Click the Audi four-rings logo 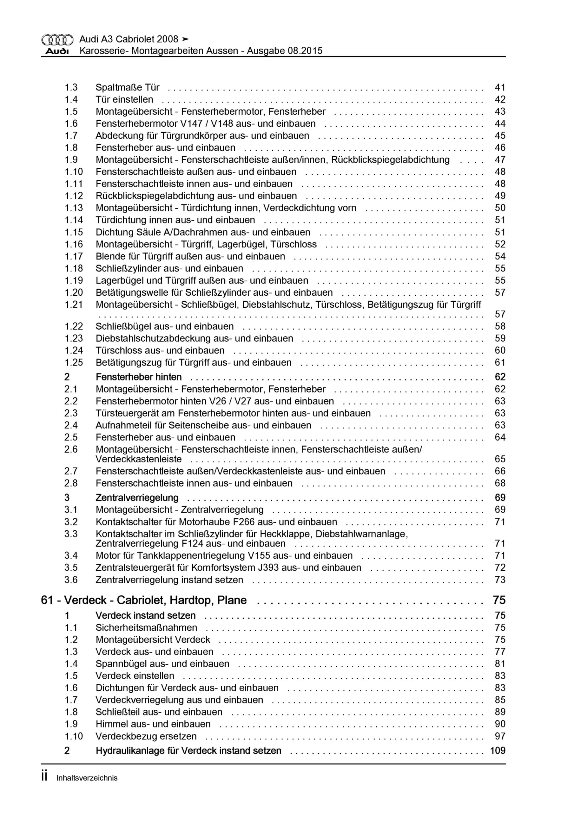click(57, 40)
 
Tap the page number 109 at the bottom click(498, 751)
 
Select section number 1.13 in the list click(74, 208)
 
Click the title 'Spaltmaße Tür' click(128, 87)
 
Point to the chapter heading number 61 click(47, 601)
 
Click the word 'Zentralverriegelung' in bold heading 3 click(137, 498)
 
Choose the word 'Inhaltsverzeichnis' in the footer click(87, 778)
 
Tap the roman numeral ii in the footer click(44, 776)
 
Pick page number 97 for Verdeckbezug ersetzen click(500, 736)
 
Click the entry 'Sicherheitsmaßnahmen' click(146, 628)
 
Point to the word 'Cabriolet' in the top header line click(135, 39)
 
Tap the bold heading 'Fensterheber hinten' click(139, 377)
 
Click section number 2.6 click(71, 449)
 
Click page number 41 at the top click(500, 87)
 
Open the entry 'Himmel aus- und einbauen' click(153, 724)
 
